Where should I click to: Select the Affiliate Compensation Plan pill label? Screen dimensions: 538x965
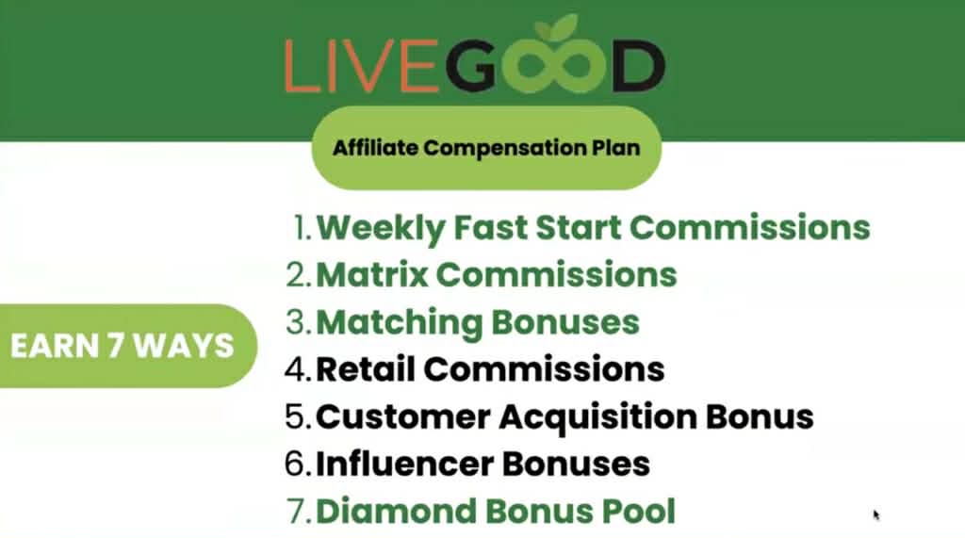[x=485, y=148]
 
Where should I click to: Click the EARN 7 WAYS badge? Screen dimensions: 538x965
[x=122, y=345]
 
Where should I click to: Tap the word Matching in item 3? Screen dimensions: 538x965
[x=395, y=322]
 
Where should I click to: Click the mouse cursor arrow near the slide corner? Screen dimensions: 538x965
[x=876, y=514]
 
